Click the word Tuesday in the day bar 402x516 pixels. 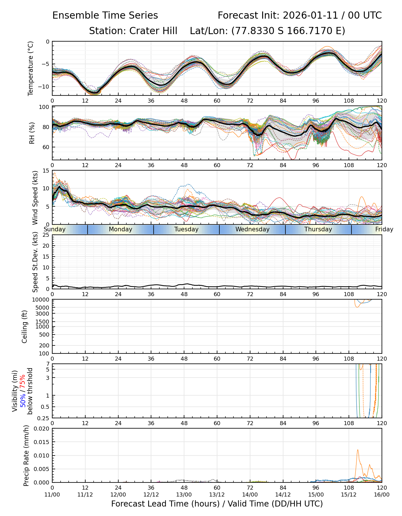click(186, 229)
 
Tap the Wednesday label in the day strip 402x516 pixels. click(252, 229)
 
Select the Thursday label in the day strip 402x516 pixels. click(318, 229)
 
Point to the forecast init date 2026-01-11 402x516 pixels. click(310, 15)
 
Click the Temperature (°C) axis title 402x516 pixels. click(31, 68)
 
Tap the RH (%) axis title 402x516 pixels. click(32, 133)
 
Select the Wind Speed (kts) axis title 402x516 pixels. click(35, 198)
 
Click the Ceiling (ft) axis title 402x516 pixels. click(25, 327)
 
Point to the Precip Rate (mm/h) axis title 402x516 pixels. click(26, 456)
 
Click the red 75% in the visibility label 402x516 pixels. click(22, 382)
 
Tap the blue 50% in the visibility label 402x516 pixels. click(22, 399)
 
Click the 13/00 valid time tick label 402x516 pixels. click(184, 494)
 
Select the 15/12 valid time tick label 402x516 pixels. click(349, 494)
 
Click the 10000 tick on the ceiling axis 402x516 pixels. click(42, 300)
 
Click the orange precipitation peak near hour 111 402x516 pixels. click(358, 450)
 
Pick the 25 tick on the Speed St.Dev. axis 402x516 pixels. click(46, 235)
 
